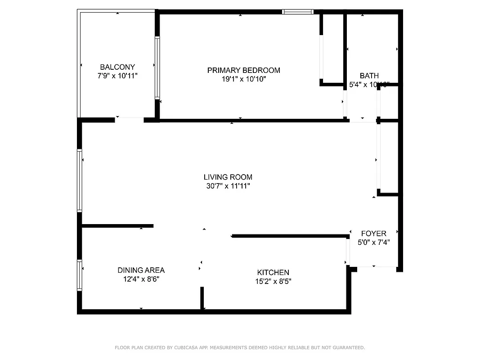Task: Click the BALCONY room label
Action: (117, 67)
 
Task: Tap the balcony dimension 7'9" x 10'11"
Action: (117, 76)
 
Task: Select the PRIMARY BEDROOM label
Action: (243, 70)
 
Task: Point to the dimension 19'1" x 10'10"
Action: (243, 79)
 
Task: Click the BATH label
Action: (369, 76)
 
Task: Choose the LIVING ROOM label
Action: (228, 177)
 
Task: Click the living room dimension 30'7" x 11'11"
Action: (228, 186)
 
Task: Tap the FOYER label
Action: (373, 234)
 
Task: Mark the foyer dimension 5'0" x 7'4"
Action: (373, 242)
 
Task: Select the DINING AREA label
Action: (141, 270)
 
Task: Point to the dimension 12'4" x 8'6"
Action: (141, 279)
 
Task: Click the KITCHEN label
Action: (273, 272)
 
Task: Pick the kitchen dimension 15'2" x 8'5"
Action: (273, 282)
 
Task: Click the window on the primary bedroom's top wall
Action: (297, 12)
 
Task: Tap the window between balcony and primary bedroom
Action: (157, 67)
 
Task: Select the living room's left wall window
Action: (80, 180)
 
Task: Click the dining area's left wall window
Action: (80, 275)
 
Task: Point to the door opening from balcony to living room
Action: (129, 119)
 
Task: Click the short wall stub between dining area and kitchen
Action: (202, 298)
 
